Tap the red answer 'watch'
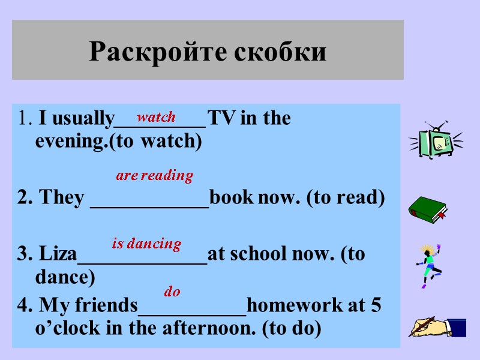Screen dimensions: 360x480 [157, 117]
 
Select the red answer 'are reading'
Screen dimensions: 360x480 [154, 176]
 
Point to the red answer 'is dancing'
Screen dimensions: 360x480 [146, 244]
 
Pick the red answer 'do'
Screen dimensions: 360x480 [172, 292]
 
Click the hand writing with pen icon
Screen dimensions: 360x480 [437, 326]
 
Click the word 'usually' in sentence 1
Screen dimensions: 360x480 [83, 119]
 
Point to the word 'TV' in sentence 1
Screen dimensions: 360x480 [221, 119]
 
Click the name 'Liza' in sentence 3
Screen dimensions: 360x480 [58, 254]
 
